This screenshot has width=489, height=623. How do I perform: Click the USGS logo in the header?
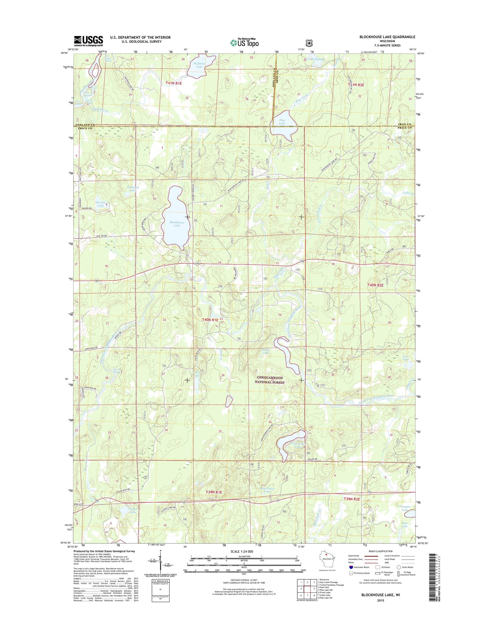click(x=88, y=41)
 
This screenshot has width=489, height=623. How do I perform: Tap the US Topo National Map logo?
click(x=244, y=42)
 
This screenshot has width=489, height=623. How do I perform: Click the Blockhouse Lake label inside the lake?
click(x=177, y=224)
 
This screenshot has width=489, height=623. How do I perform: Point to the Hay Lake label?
click(x=282, y=122)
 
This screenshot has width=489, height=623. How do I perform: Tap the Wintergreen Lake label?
click(x=293, y=445)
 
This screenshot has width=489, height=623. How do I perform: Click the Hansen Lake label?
click(x=100, y=204)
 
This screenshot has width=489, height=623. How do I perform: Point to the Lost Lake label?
click(x=406, y=358)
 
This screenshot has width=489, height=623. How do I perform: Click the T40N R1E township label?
click(x=210, y=320)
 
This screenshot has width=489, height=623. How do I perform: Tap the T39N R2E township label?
click(x=352, y=499)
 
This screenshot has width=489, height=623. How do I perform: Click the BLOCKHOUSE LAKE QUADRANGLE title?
click(x=387, y=37)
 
